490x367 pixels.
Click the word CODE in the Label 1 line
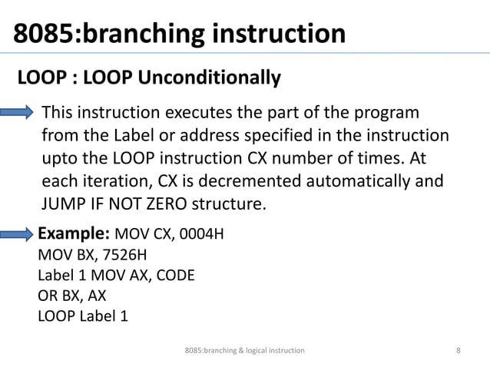pos(175,275)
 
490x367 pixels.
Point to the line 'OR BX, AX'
pos(72,295)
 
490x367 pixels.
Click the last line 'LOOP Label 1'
pos(83,315)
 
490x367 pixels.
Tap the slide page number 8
pos(459,350)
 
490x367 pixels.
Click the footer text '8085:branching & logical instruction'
pos(245,350)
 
